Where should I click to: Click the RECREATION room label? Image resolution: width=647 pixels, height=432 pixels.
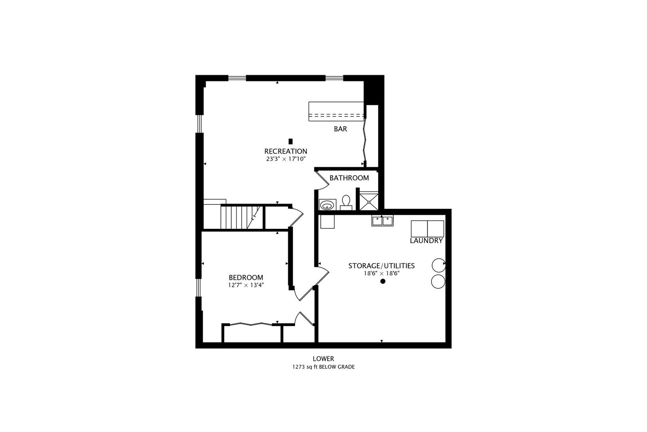286,151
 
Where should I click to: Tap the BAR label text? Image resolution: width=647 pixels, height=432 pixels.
340,129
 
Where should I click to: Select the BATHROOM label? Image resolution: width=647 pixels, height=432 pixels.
349,178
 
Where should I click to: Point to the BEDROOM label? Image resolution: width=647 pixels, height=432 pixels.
246,277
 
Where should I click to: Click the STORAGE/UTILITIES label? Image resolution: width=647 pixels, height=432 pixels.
381,266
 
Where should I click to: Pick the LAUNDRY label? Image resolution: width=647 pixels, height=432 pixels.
427,241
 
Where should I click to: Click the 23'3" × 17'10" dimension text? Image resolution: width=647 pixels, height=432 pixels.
286,159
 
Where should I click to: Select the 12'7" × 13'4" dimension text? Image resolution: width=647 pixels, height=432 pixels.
246,285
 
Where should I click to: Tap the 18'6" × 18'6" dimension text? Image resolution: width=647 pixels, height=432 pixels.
381,274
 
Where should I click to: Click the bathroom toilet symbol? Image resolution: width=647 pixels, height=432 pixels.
346,202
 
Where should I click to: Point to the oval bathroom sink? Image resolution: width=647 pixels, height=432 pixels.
328,205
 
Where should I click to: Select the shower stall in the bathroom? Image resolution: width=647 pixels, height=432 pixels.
369,202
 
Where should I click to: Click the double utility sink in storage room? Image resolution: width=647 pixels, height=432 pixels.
383,220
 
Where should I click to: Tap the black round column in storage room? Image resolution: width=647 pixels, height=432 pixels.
383,281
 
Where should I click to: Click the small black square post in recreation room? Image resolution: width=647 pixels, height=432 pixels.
290,141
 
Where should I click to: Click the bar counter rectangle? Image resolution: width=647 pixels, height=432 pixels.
336,111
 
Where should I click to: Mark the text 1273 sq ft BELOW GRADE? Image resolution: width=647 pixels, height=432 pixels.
323,367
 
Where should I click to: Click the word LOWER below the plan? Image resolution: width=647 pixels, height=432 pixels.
323,359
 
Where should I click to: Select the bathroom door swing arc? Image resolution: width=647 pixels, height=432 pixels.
322,180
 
